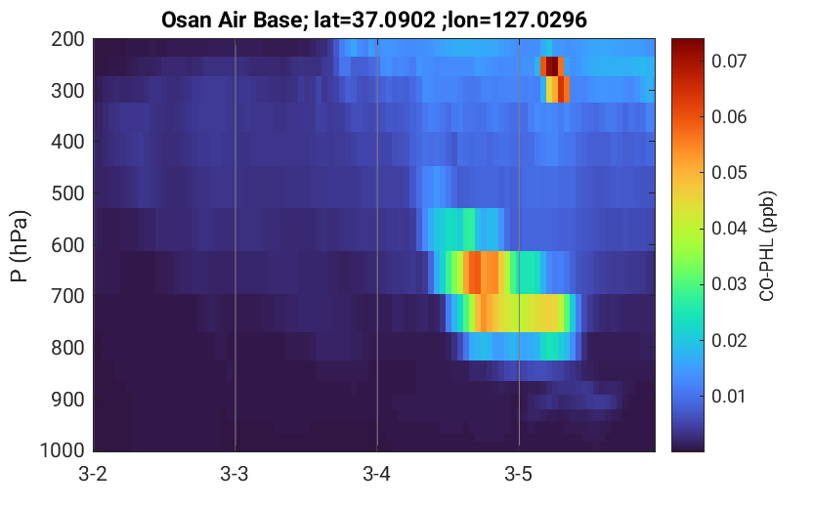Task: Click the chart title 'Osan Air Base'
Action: [x=231, y=21]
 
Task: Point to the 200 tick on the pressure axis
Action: [x=68, y=39]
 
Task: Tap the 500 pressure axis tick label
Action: [x=68, y=193]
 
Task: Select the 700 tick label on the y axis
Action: [x=68, y=296]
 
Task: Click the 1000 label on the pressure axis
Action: [x=63, y=449]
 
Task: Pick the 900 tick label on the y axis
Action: [x=68, y=400]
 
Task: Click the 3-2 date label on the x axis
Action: [x=93, y=474]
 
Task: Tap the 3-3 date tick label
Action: [x=235, y=474]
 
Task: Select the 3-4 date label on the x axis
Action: [x=377, y=474]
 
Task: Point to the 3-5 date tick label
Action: [x=519, y=474]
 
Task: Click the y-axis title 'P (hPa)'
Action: [x=20, y=246]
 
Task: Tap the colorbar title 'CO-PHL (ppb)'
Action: [x=767, y=246]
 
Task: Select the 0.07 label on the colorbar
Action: [x=729, y=62]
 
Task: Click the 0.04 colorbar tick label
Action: [x=729, y=229]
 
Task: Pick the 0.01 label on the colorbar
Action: [x=729, y=396]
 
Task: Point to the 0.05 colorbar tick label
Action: [x=729, y=172]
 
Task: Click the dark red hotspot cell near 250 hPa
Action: [x=552, y=66]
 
